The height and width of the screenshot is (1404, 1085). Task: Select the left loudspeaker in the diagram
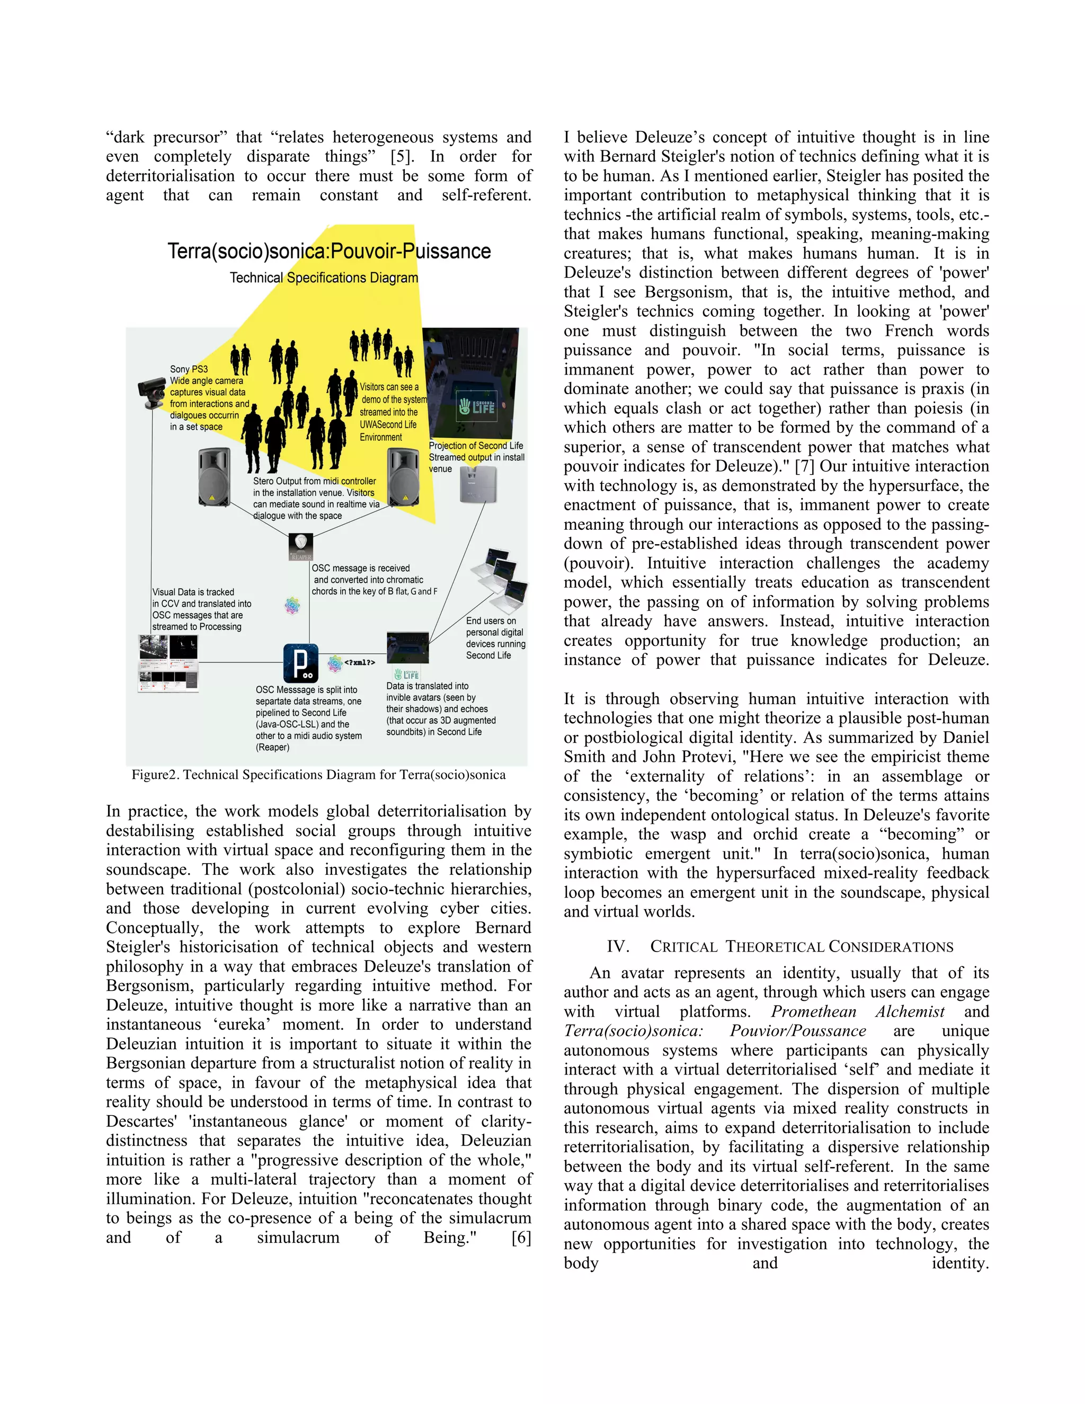pyautogui.click(x=214, y=478)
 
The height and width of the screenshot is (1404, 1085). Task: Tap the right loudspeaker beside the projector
pyautogui.click(x=403, y=478)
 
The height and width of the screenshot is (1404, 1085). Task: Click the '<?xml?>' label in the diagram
pyautogui.click(x=359, y=662)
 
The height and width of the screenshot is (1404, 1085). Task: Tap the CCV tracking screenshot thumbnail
pyautogui.click(x=168, y=663)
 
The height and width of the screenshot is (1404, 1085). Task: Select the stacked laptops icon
pyautogui.click(x=501, y=581)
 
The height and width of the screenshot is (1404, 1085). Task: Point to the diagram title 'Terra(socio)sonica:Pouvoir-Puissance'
pyautogui.click(x=329, y=251)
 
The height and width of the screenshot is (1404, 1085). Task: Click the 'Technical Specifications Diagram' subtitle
pyautogui.click(x=324, y=278)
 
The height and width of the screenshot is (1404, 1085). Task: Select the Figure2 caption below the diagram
pyautogui.click(x=319, y=775)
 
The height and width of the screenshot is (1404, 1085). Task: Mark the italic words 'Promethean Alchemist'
pyautogui.click(x=858, y=1011)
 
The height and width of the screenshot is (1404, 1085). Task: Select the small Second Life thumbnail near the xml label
pyautogui.click(x=407, y=648)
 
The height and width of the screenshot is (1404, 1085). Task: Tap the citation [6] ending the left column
pyautogui.click(x=521, y=1238)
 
